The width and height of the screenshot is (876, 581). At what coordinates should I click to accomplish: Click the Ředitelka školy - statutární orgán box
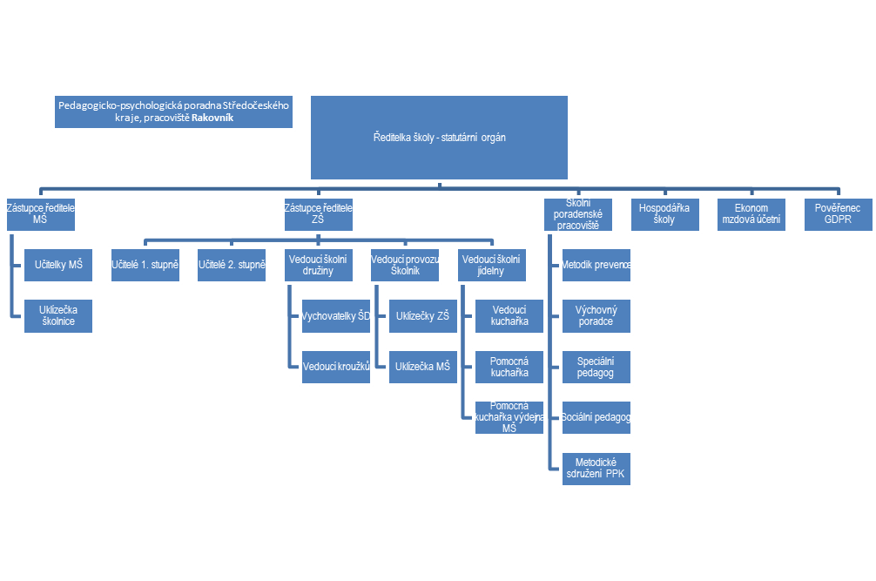440,138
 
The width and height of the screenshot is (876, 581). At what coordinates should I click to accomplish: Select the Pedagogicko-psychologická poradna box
172,111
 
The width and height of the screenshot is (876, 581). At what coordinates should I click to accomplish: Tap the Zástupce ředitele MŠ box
39,214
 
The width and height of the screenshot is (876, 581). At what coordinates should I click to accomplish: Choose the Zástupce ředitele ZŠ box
319,214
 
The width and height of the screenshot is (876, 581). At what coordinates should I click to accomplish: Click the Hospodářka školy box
664,214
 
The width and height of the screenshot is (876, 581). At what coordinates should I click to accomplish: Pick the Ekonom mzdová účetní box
751,214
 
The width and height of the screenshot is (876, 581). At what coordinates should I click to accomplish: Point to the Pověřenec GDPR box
838,214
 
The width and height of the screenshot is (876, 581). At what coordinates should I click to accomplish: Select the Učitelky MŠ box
59,264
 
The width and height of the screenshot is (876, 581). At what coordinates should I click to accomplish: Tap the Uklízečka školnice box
59,315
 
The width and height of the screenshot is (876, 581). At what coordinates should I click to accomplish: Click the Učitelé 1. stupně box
145,264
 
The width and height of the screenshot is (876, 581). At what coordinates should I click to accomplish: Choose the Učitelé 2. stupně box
231,264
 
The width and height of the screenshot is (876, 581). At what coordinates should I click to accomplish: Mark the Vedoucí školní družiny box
318,264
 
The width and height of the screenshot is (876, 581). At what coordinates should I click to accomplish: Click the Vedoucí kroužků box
336,367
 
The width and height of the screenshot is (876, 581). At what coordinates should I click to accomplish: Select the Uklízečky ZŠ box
422,315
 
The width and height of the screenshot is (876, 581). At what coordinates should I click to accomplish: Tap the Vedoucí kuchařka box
509,315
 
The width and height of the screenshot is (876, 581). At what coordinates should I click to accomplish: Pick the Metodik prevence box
596,264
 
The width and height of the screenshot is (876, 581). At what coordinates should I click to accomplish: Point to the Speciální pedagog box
596,367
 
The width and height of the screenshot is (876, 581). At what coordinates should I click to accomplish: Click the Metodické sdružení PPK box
596,470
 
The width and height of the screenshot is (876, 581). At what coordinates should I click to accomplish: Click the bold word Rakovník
213,118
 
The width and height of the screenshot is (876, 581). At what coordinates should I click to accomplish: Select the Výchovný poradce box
596,315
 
